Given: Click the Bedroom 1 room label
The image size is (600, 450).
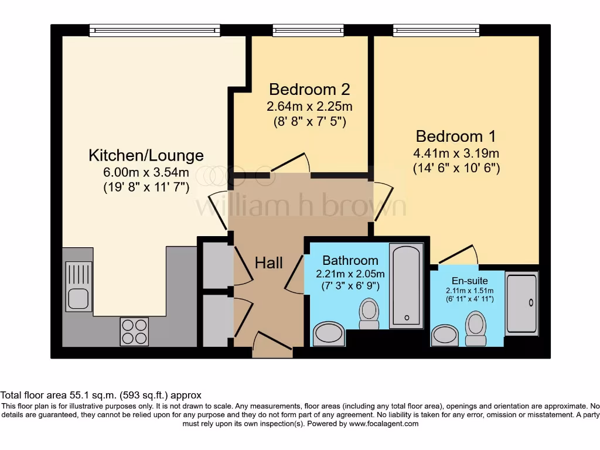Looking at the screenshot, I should pyautogui.click(x=456, y=137).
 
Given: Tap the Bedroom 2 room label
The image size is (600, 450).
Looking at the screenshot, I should pyautogui.click(x=309, y=90).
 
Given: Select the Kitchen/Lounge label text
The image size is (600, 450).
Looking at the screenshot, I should pyautogui.click(x=146, y=155).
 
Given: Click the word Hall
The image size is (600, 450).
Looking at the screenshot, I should pyautogui.click(x=269, y=262).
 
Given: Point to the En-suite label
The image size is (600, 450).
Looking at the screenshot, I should pyautogui.click(x=469, y=281).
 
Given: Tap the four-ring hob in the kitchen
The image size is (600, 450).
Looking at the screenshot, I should pyautogui.click(x=134, y=331).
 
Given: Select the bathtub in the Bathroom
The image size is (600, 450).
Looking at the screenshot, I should pyautogui.click(x=405, y=285).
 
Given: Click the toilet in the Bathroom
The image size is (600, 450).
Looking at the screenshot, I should pyautogui.click(x=369, y=314).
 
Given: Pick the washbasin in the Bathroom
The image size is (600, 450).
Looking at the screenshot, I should pyautogui.click(x=329, y=334).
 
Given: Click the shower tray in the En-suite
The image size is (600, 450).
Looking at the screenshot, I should pyautogui.click(x=521, y=303).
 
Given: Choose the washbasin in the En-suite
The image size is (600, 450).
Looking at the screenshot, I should pyautogui.click(x=445, y=336).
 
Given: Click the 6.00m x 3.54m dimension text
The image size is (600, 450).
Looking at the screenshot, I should pyautogui.click(x=146, y=172).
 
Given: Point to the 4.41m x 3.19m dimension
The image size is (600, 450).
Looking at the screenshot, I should pyautogui.click(x=456, y=154).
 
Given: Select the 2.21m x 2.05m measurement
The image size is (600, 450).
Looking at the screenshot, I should pyautogui.click(x=350, y=274).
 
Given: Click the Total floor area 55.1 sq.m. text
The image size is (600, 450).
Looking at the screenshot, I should pyautogui.click(x=101, y=396).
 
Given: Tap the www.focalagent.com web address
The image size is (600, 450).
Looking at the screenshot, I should pyautogui.click(x=384, y=424).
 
